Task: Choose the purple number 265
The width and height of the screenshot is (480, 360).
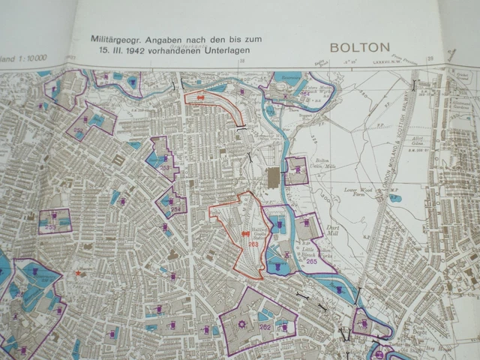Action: [x=310, y=261]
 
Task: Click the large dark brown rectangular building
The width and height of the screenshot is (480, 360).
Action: [x=271, y=178]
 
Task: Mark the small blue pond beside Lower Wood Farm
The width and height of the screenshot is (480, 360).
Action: [x=394, y=199]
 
